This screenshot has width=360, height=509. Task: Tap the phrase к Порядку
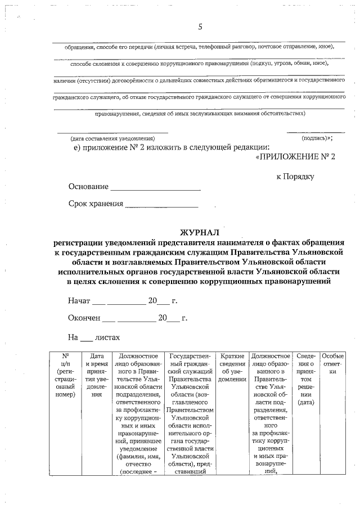[x=295, y=176]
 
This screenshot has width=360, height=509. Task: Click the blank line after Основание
[x=155, y=187]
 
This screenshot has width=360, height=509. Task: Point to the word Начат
[x=79, y=301]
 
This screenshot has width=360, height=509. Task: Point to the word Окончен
[x=84, y=318]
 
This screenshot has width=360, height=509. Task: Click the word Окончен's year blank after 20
[x=173, y=318]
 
